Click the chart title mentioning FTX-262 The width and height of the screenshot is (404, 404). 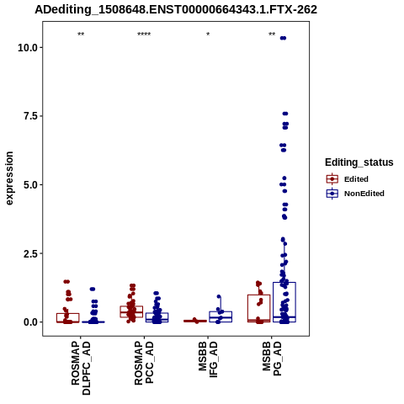(x=176, y=10)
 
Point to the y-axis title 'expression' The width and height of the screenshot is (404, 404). (x=9, y=178)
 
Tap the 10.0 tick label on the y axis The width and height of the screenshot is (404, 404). (x=28, y=48)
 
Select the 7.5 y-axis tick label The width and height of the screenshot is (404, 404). (x=30, y=116)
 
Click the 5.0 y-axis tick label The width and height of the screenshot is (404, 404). (x=30, y=185)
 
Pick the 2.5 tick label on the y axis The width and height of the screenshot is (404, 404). (x=30, y=253)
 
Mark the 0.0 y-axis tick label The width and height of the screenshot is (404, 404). (x=30, y=322)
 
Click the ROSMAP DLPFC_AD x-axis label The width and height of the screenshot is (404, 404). (x=81, y=368)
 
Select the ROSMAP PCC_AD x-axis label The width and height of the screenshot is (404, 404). (x=144, y=363)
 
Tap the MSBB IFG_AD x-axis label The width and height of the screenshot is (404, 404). (x=208, y=359)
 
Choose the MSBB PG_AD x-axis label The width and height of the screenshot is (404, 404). (x=272, y=359)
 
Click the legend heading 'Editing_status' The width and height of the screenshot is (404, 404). (x=359, y=162)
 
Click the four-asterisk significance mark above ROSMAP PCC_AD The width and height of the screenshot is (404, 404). (x=144, y=35)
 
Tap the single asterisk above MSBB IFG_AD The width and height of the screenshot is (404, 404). (x=208, y=35)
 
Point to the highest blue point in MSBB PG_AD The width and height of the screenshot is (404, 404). (x=283, y=38)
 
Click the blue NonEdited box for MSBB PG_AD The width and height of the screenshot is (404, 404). (x=284, y=283)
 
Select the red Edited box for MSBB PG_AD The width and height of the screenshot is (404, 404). (x=259, y=295)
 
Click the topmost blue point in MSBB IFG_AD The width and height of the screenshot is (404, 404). (x=219, y=297)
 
